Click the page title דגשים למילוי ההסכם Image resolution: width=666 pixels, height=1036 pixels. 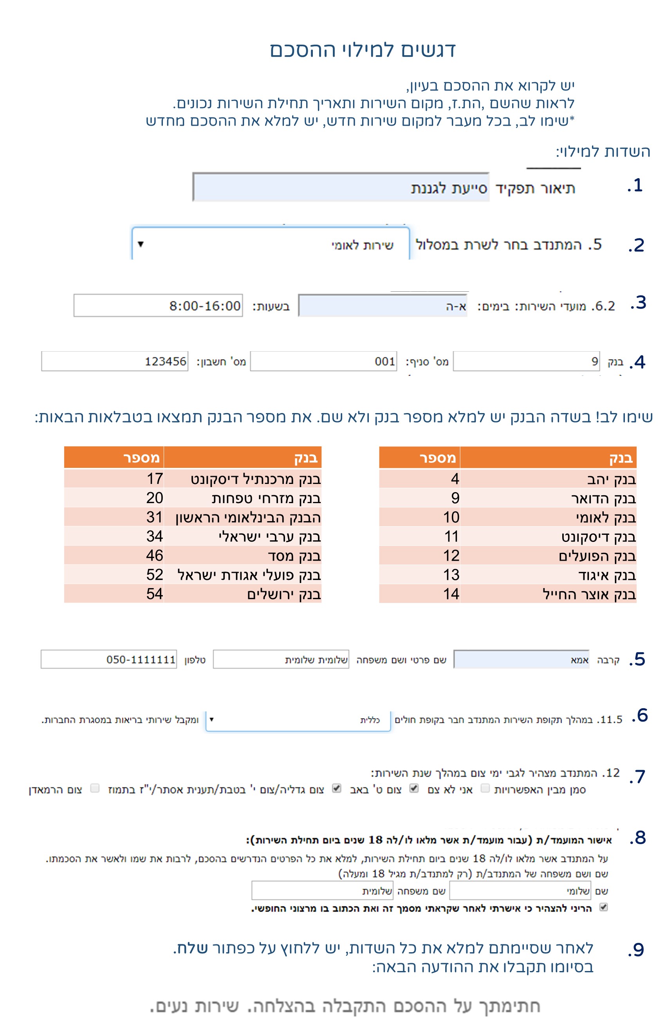363,50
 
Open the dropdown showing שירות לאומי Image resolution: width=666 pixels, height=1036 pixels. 270,244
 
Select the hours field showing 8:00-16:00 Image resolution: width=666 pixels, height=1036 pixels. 158,306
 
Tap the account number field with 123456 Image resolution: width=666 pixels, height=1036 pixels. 115,361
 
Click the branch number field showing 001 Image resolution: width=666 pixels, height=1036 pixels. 323,361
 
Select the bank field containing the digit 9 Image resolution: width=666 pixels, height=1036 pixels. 526,361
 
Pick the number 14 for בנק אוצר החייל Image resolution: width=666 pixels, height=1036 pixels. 451,594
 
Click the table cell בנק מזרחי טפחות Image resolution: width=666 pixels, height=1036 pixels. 266,498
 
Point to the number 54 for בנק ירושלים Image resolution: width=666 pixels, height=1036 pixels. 154,594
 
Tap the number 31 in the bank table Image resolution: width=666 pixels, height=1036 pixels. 154,517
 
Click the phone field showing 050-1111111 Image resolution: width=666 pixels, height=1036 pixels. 108,659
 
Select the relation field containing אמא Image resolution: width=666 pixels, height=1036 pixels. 521,659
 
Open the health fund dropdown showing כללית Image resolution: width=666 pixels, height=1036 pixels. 298,720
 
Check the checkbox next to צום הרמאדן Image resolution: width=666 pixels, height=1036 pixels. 95,788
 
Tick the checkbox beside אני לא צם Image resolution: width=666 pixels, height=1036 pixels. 485,788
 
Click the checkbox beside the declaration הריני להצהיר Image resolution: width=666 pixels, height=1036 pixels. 604,907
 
